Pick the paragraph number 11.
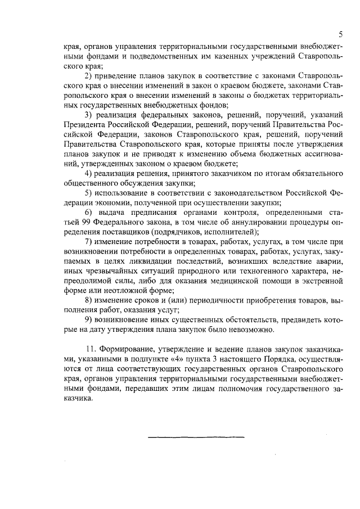click(89, 349)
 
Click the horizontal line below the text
click(196, 436)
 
